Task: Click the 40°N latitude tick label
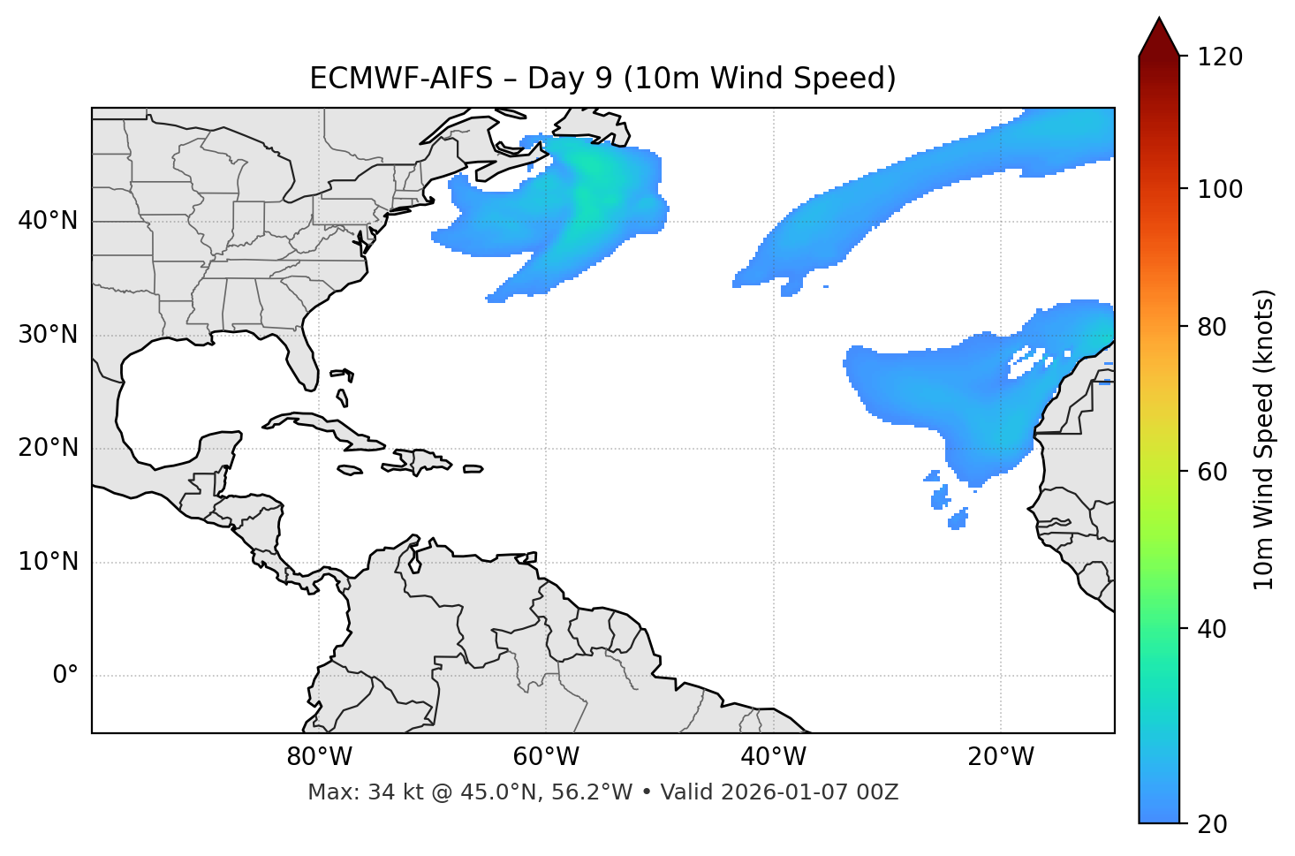(x=48, y=221)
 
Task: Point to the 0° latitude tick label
(x=65, y=676)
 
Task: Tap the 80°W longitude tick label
(x=319, y=757)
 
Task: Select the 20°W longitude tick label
(x=1001, y=757)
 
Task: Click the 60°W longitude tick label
(x=546, y=757)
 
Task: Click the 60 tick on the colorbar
(x=1216, y=472)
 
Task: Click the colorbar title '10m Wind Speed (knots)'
(x=1264, y=440)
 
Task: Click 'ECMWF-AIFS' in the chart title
(x=400, y=79)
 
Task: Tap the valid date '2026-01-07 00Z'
(x=809, y=792)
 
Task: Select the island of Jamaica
(x=350, y=471)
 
